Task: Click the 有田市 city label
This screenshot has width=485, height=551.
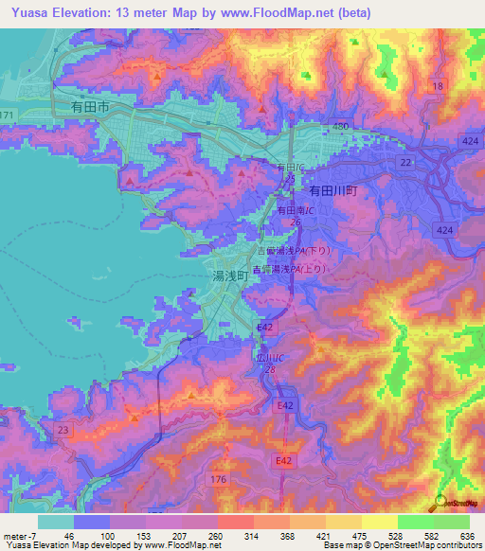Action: tap(90, 109)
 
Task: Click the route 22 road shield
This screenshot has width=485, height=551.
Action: tap(405, 163)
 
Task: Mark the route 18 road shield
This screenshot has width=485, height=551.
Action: tap(437, 86)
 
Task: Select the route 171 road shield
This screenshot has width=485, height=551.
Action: tap(8, 115)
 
